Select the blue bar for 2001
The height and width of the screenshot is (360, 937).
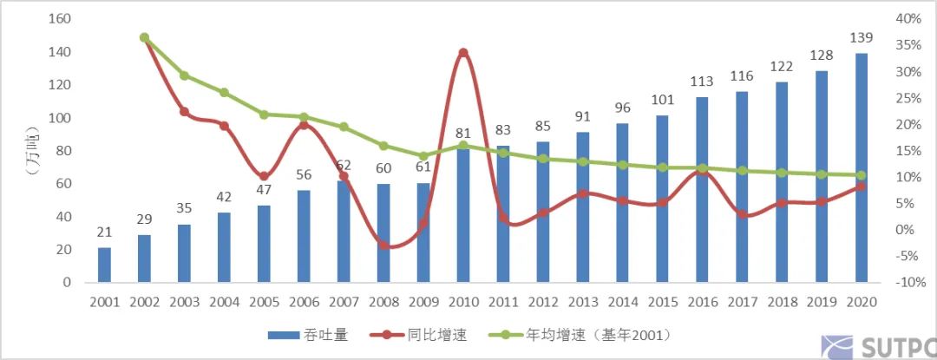104,265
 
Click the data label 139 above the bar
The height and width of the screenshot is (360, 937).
862,38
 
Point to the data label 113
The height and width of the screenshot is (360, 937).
702,82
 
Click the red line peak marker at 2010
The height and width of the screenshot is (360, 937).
462,53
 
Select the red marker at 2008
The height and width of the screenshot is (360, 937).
383,245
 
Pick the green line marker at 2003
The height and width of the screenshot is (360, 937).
184,75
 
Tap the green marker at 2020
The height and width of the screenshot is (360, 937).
861,175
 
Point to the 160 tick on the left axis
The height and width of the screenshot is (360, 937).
60,19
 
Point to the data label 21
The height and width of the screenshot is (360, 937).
104,232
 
